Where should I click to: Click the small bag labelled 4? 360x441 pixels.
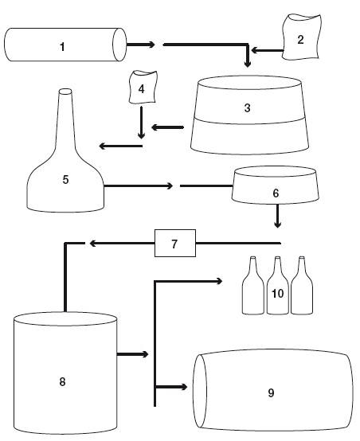(x=142, y=88)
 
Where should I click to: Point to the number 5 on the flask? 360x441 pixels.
(x=65, y=179)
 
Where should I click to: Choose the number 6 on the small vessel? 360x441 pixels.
(x=276, y=193)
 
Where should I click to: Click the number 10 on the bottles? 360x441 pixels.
(x=277, y=294)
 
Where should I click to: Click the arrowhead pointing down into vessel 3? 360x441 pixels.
(x=247, y=64)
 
